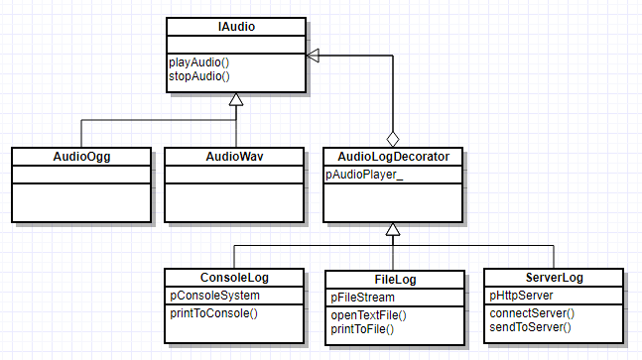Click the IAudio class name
point(235,27)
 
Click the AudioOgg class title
point(80,157)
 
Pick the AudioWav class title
point(234,157)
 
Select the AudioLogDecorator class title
point(393,157)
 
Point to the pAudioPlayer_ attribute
point(364,175)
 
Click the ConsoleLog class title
point(235,278)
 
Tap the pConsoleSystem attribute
point(212,296)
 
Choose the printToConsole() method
point(212,313)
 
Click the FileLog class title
point(393,280)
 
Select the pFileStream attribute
point(362,297)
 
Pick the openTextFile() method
point(368,314)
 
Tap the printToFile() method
point(362,328)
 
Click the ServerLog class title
point(554,278)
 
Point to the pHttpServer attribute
point(522,296)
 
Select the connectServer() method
point(531,312)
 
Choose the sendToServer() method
point(529,326)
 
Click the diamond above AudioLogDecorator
point(393,138)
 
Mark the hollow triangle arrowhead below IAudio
point(235,99)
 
